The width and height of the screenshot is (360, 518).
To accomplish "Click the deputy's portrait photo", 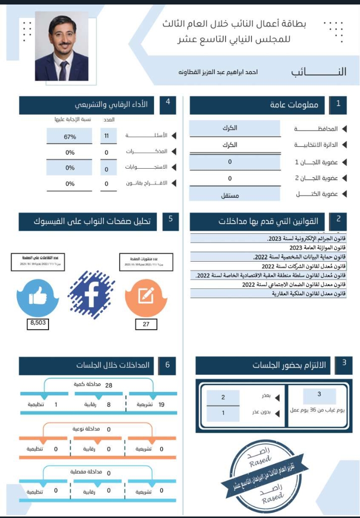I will (61, 46).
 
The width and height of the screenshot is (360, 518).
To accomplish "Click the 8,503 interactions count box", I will (38, 323).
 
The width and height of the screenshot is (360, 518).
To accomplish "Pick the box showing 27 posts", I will (146, 324).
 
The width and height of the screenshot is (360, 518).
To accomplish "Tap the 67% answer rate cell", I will (69, 137).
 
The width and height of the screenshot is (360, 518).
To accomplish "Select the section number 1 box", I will (338, 104).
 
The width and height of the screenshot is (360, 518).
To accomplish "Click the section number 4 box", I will (167, 102).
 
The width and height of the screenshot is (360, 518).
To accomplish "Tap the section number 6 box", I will (167, 365).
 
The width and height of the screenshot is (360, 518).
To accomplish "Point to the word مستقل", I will (230, 195).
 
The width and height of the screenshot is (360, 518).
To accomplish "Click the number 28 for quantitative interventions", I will (108, 385).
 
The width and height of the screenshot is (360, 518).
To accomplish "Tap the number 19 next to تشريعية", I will (161, 404).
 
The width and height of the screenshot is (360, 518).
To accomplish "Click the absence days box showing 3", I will (319, 395).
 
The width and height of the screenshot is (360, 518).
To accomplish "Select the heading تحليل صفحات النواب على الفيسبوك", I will (95, 220).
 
